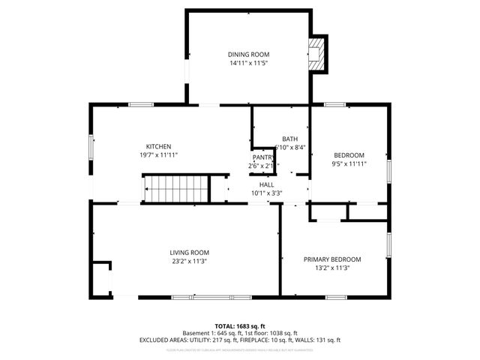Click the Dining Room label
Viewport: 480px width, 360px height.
[x=248, y=55]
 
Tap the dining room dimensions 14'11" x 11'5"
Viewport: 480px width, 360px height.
[x=248, y=63]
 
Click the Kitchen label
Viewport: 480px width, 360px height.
[x=158, y=146]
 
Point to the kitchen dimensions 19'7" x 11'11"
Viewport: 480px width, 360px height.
[x=158, y=154]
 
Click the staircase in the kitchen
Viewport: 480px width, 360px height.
[x=176, y=187]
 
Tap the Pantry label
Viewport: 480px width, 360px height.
[x=262, y=157]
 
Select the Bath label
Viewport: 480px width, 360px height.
[x=289, y=139]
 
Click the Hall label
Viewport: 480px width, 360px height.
[x=267, y=184]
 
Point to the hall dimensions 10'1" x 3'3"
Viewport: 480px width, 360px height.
[x=267, y=193]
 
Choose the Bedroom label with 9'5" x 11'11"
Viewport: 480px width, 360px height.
[x=349, y=155]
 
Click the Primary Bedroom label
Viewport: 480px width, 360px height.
[x=332, y=259]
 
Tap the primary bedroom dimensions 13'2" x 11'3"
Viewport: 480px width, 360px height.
[x=332, y=268]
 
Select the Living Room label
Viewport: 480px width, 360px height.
[x=189, y=253]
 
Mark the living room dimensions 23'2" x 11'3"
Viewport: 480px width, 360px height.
[x=189, y=261]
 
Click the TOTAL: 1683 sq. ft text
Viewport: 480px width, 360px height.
[x=240, y=326]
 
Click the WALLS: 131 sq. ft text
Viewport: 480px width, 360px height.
[x=319, y=340]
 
